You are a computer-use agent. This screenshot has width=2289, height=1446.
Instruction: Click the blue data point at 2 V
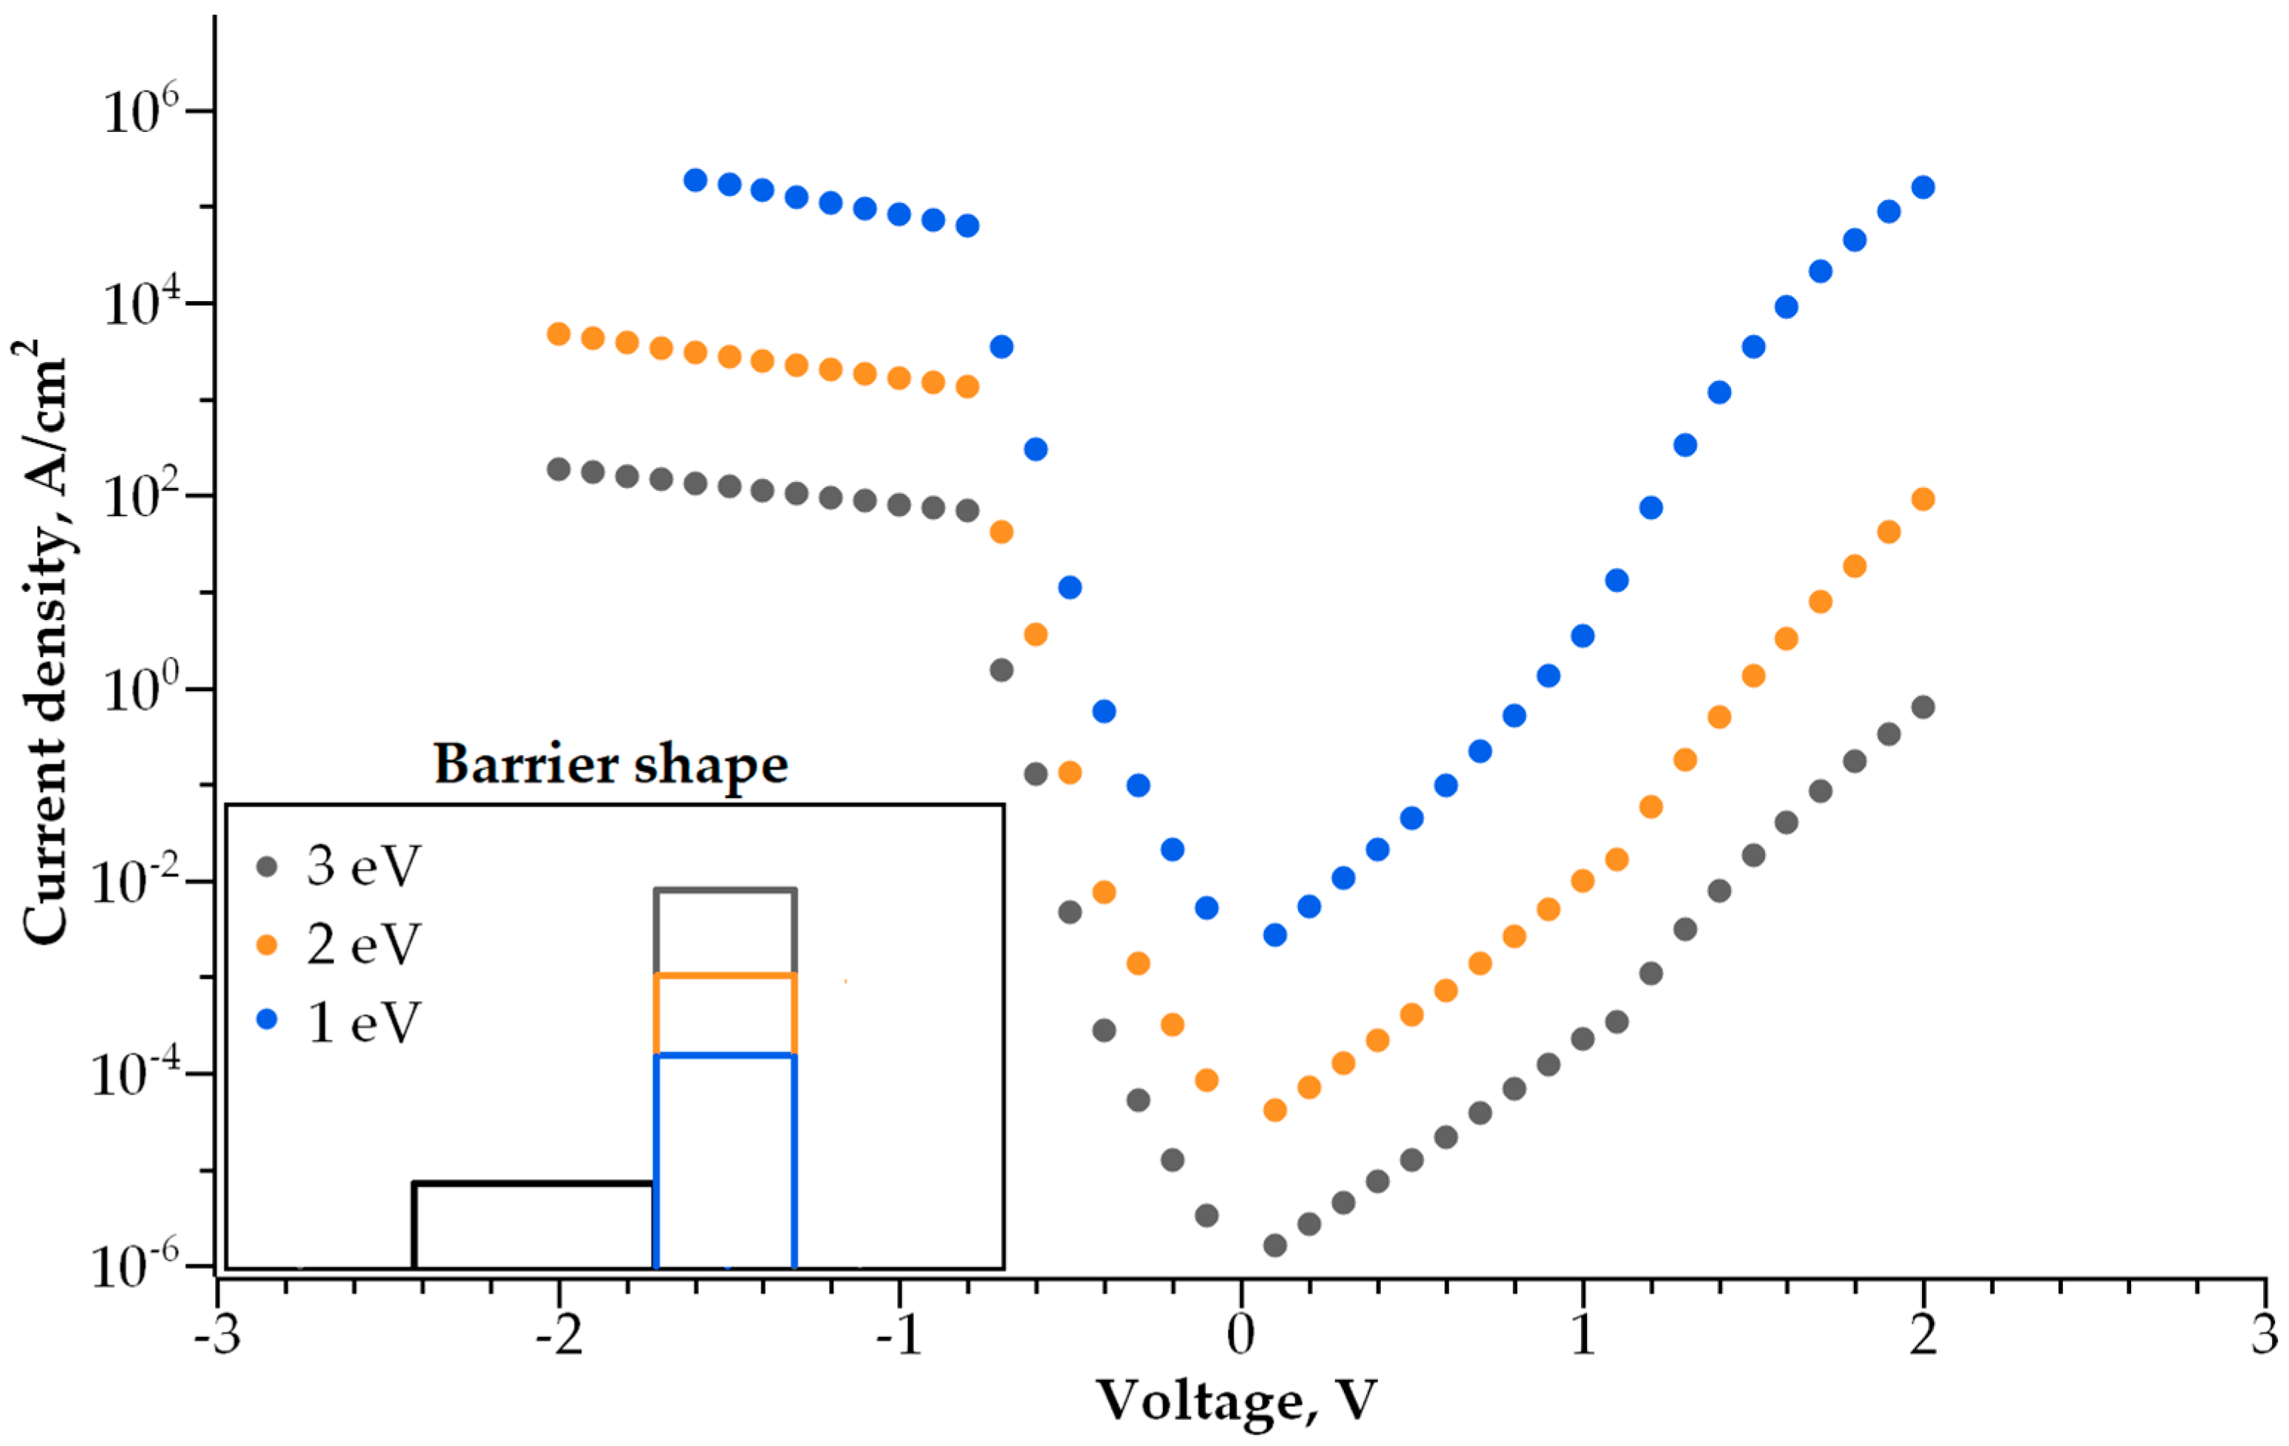tap(1923, 188)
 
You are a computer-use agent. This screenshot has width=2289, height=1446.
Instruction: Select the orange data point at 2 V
tap(1923, 499)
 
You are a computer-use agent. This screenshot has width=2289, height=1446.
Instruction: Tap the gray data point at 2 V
tap(1923, 707)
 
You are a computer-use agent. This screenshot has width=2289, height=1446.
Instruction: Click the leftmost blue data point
tap(696, 179)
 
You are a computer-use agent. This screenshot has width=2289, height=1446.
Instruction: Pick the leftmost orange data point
tap(559, 334)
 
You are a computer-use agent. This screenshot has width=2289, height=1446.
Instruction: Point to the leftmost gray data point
tap(559, 469)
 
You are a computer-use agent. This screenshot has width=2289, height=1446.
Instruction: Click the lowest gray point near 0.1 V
tap(1275, 1245)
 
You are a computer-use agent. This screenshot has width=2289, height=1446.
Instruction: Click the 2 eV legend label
tap(363, 945)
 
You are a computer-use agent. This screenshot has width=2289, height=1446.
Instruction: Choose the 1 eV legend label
tap(363, 1023)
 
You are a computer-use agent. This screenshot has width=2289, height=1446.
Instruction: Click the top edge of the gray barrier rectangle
tap(724, 891)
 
